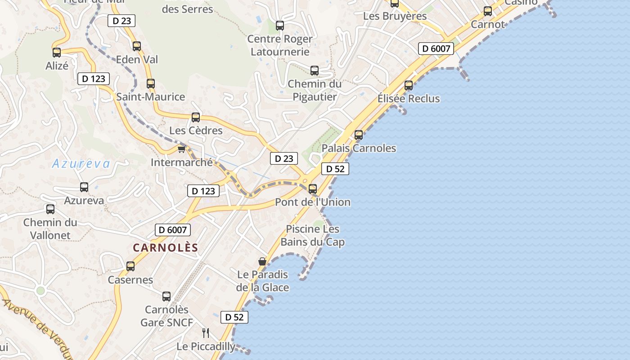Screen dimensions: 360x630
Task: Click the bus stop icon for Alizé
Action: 57,53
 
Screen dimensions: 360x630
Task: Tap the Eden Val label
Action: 137,59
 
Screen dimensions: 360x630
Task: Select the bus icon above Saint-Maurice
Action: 151,84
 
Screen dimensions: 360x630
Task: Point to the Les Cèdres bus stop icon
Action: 196,117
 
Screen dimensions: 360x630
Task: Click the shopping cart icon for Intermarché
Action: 182,149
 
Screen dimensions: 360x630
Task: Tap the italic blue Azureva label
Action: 81,164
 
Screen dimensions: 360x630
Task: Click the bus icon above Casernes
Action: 130,266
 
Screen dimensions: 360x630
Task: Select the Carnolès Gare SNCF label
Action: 166,316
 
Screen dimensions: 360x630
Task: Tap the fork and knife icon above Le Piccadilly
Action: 206,333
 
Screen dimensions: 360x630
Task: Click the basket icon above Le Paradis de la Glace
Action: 262,261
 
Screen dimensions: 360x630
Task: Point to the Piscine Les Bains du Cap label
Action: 312,235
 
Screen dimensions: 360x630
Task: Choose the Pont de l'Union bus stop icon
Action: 313,189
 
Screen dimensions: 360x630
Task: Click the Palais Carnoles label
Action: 359,148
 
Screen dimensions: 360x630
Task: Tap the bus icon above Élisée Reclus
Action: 409,85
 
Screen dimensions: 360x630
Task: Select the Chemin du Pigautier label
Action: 315,90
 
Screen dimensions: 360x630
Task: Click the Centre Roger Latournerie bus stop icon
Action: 280,26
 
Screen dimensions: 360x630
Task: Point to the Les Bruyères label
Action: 395,16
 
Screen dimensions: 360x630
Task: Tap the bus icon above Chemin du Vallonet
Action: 50,209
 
